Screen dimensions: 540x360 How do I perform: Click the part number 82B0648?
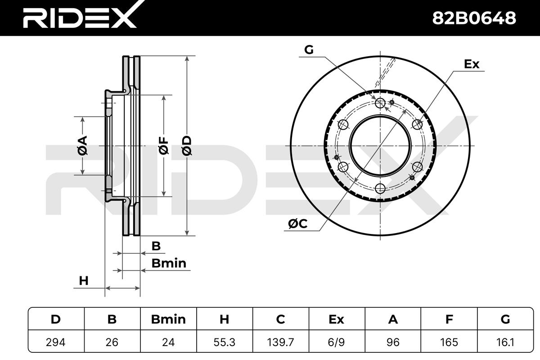(474, 18)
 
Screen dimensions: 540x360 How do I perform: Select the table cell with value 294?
(56, 342)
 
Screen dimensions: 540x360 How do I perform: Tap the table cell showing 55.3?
(224, 342)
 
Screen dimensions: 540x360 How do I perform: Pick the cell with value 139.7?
(281, 342)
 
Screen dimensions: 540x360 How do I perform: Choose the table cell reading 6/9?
(337, 342)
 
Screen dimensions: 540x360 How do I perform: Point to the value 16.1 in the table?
(505, 342)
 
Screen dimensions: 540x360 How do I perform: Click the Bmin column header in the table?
(168, 319)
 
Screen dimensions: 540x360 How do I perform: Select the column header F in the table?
(449, 319)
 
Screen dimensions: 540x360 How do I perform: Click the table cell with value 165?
(449, 342)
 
